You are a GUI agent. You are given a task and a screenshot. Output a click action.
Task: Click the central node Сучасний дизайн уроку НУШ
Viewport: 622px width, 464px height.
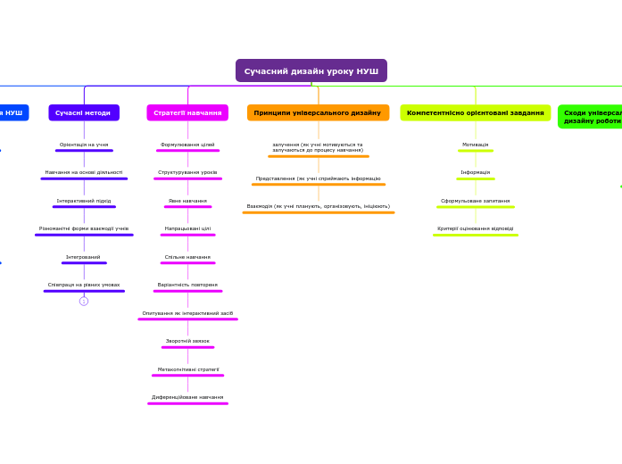[x=311, y=70]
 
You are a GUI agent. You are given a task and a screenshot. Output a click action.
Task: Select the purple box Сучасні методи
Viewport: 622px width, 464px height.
[x=83, y=112]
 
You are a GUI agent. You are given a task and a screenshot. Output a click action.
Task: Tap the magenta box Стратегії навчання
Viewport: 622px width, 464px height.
[x=187, y=112]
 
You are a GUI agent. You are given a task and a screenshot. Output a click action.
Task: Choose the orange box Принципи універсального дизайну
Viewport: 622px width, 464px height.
[x=318, y=112]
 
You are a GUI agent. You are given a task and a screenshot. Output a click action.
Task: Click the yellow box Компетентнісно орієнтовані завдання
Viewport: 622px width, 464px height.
[x=475, y=112]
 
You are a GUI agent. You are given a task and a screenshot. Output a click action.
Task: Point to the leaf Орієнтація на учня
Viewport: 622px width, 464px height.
[x=84, y=145]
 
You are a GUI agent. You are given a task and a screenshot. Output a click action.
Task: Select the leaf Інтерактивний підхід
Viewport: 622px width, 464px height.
[x=84, y=201]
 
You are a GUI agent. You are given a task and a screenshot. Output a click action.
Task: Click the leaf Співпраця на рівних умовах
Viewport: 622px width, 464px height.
[x=84, y=285]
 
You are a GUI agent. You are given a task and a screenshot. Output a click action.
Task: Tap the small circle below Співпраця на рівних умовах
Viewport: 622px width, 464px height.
[x=84, y=301]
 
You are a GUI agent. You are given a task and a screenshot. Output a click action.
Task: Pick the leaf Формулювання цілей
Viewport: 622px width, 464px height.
[x=187, y=145]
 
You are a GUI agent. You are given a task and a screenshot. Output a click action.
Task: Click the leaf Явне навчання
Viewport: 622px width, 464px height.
[x=187, y=201]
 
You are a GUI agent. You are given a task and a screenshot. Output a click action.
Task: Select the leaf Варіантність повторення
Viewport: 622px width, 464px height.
[x=187, y=285]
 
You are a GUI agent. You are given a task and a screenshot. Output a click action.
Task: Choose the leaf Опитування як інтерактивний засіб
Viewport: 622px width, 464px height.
[x=187, y=313]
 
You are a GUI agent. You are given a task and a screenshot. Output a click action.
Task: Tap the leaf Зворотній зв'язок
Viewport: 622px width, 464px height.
[x=187, y=341]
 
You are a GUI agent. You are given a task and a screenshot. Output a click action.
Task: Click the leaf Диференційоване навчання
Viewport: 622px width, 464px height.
[x=187, y=397]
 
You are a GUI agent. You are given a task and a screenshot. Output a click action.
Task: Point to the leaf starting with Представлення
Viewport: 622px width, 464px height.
[x=318, y=178]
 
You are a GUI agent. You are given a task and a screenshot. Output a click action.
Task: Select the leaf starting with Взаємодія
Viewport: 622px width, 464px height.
[x=318, y=206]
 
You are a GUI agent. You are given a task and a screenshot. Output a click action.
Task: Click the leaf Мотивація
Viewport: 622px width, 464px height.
[x=475, y=145]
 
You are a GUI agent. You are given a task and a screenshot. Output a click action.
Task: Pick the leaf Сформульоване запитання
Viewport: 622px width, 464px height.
[x=475, y=201]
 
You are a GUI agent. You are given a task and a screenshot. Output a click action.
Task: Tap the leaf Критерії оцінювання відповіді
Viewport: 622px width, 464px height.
[x=475, y=228]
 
